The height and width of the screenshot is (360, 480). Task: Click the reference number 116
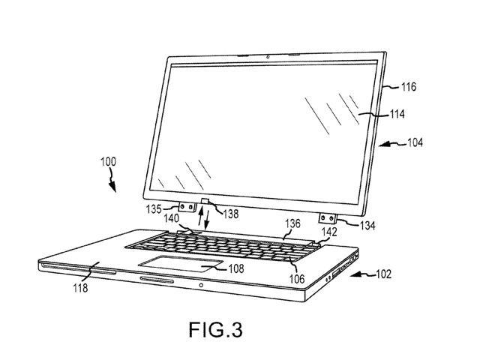409,87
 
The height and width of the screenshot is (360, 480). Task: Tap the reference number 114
397,114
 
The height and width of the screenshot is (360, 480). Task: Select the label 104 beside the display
415,142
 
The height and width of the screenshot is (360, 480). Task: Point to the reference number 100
108,161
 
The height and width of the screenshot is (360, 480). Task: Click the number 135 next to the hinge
154,209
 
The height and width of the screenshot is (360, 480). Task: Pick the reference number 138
231,214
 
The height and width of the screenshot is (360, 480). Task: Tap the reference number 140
172,218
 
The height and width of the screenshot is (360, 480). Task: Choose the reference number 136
293,223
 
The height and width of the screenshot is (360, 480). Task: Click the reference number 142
329,232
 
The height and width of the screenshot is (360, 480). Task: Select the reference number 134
367,226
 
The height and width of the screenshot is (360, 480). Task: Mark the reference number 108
236,268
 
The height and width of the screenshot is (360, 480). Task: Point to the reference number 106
297,279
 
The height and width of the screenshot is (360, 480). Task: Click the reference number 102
383,274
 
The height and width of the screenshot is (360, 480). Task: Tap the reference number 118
80,288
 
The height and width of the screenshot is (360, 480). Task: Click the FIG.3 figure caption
216,329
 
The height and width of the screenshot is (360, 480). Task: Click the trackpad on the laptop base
181,263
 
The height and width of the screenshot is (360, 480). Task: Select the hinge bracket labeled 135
187,207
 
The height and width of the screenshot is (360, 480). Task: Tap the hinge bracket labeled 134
328,218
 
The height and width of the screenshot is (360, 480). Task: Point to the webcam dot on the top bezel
268,57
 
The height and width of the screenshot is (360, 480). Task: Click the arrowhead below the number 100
112,187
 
